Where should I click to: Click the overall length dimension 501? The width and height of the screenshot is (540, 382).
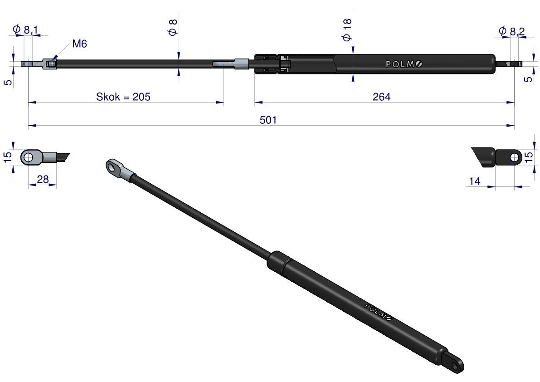point(268,120)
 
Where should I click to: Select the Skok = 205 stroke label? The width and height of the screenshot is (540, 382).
point(123,97)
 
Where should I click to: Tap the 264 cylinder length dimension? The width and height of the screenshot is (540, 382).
point(382,97)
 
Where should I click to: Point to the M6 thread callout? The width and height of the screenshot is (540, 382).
point(79,44)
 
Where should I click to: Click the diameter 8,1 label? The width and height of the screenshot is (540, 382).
point(25,30)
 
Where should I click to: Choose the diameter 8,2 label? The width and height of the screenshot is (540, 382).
point(512,31)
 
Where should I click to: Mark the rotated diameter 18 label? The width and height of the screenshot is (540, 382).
point(347,30)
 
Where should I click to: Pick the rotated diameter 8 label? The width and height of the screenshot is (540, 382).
point(173,27)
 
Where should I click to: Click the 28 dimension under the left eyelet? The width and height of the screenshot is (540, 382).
point(43,179)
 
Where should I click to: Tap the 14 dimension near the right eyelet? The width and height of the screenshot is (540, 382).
point(475,181)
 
